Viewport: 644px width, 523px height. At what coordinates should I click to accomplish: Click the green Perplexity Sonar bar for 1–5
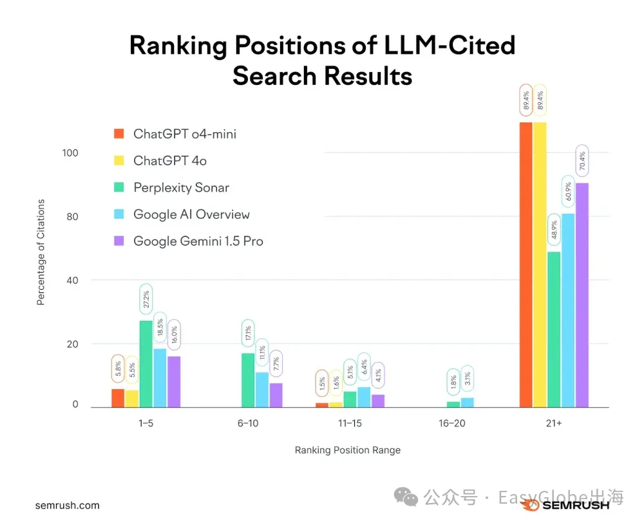[x=146, y=364]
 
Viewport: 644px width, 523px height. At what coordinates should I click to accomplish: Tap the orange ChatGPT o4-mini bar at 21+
[x=526, y=264]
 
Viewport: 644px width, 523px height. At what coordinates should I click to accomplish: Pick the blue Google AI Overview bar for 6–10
[x=262, y=390]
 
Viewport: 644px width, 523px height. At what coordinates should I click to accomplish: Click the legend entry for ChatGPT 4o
[x=170, y=161]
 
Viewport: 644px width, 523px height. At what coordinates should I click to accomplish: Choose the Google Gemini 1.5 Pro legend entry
[x=198, y=241]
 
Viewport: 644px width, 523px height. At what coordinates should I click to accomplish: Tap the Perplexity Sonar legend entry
[x=181, y=187]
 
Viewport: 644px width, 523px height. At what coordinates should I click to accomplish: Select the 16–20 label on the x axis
[x=451, y=424]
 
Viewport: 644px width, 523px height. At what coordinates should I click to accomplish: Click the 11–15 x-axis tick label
[x=350, y=424]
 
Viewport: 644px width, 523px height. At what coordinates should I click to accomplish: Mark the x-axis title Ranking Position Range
[x=348, y=450]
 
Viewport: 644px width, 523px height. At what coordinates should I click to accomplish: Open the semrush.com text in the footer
[x=68, y=506]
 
